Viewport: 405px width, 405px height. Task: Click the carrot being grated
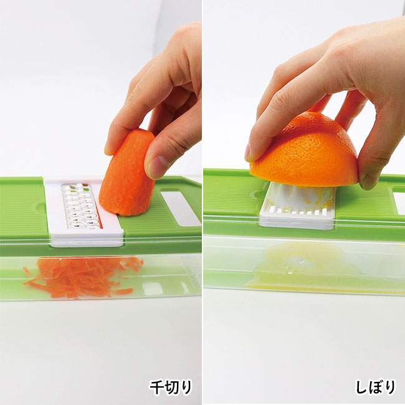[127, 173]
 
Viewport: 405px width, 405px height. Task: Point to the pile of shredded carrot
[83, 278]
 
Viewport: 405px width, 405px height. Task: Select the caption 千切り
[171, 387]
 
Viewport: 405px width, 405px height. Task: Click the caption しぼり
[376, 387]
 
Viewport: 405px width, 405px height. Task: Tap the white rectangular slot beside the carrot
[181, 208]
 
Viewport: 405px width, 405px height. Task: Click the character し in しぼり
[361, 387]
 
